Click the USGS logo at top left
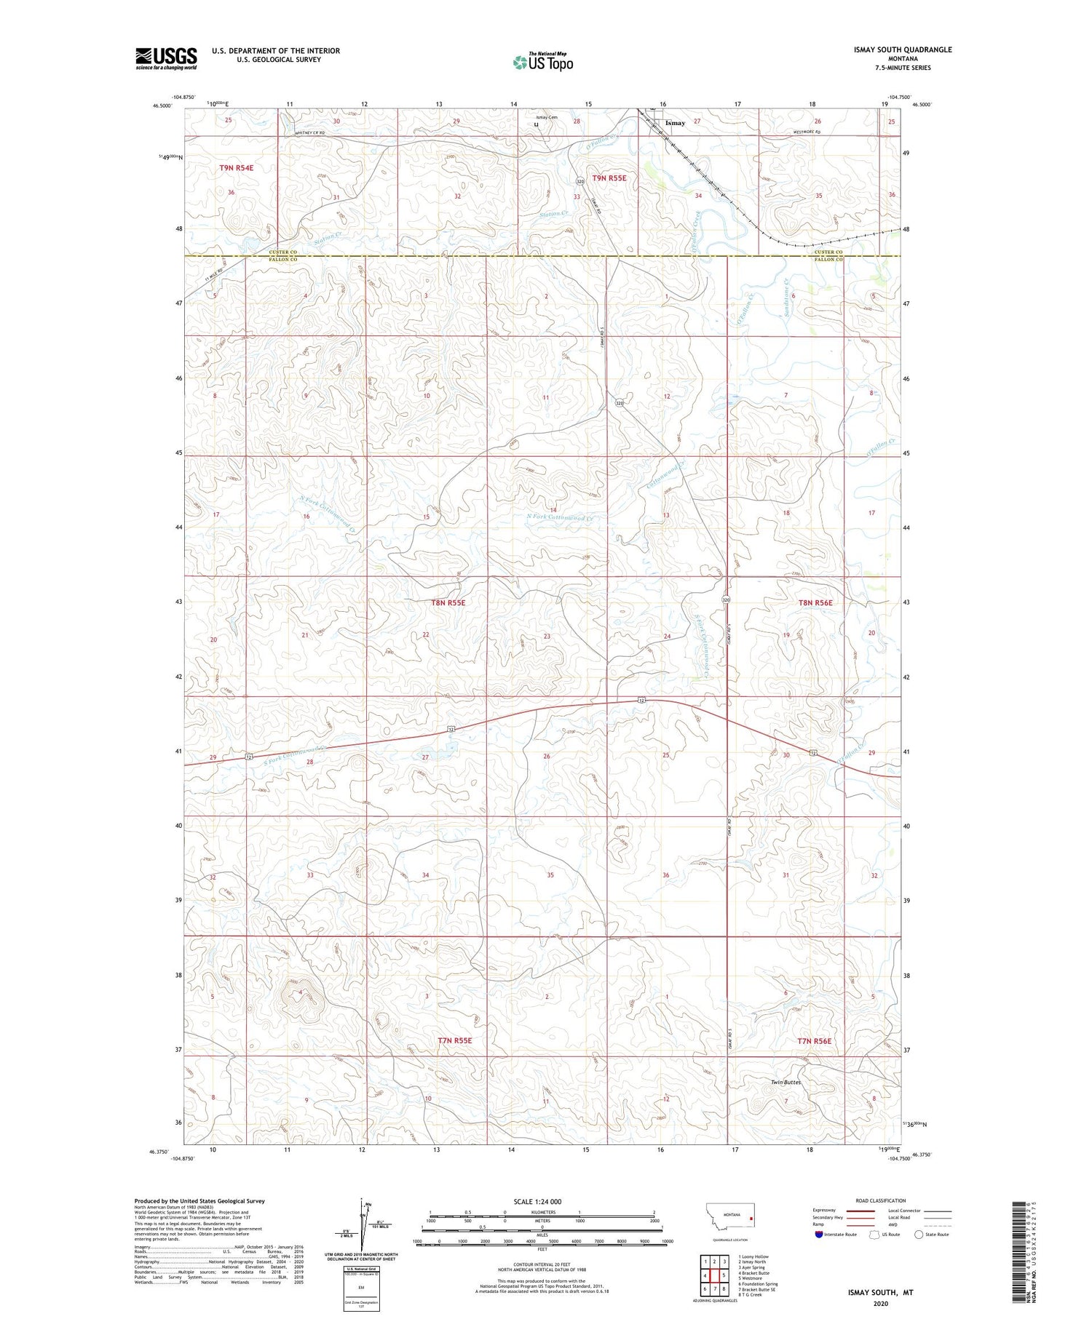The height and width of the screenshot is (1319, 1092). click(x=166, y=58)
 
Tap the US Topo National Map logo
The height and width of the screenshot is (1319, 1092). click(x=543, y=63)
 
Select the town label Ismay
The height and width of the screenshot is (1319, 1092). click(x=675, y=123)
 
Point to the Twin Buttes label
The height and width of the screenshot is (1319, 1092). click(x=786, y=1082)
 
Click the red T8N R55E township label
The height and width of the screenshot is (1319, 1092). click(x=448, y=602)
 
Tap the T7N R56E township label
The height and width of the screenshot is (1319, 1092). click(x=814, y=1040)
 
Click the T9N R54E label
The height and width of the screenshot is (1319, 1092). click(x=237, y=167)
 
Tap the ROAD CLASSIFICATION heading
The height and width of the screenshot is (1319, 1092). click(x=879, y=1200)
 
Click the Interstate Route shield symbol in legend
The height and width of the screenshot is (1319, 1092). click(x=819, y=1234)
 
